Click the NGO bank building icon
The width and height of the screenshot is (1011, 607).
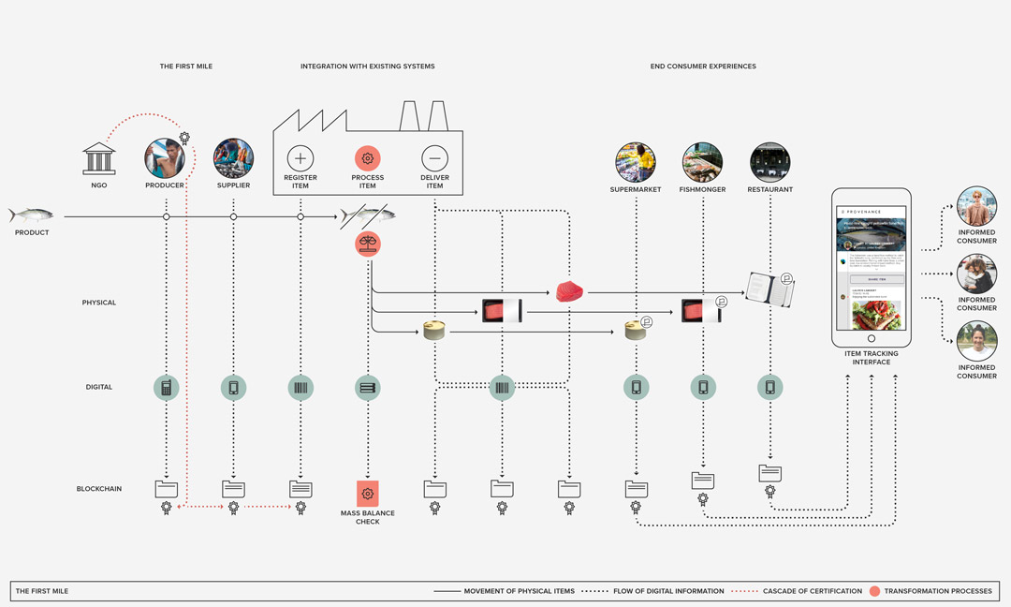(99, 158)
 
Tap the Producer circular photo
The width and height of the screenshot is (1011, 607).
(166, 158)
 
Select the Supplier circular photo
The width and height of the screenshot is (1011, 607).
(233, 158)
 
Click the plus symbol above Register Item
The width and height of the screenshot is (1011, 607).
(300, 157)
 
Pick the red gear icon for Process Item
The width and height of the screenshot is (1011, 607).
(368, 157)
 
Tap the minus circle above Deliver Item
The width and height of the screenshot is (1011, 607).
(434, 157)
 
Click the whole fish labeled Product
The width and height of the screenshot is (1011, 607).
(31, 215)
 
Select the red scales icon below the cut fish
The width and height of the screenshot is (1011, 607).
(368, 244)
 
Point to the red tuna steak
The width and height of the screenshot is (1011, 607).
(569, 291)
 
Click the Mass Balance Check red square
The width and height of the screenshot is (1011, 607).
(368, 493)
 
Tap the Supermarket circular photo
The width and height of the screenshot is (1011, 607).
(635, 162)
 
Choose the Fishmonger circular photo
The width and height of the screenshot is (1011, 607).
(702, 162)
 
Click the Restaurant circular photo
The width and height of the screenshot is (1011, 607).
(769, 162)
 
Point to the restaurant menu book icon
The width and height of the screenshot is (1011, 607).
(771, 290)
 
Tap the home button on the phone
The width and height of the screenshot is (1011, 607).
(872, 338)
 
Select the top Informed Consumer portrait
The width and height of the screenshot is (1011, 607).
(976, 205)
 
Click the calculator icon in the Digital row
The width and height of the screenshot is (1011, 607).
(167, 387)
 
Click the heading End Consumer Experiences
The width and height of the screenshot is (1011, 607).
(703, 67)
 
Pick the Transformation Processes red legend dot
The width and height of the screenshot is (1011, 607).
(874, 591)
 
